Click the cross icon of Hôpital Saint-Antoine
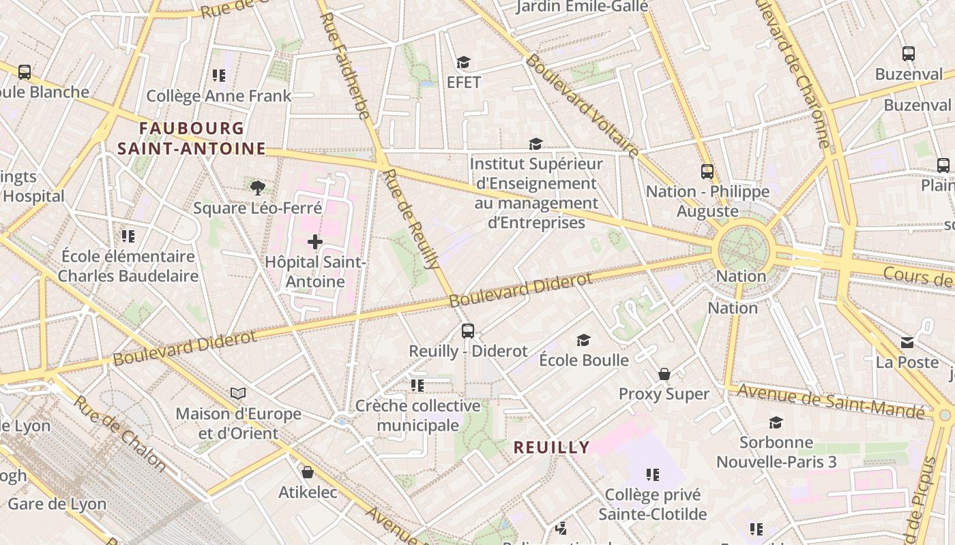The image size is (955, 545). [314, 241]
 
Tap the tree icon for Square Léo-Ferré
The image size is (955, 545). [257, 187]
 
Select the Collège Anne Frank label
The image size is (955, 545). [219, 96]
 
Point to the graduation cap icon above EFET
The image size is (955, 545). [464, 63]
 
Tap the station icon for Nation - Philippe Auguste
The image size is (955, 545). [707, 172]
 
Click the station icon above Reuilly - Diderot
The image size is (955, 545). [468, 331]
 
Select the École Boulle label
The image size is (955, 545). [584, 360]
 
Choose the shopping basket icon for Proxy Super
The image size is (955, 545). [664, 374]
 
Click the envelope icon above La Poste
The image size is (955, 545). [907, 342]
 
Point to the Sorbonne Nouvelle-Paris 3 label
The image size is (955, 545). [776, 452]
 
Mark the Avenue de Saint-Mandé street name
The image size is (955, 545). [832, 400]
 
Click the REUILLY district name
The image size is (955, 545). [551, 447]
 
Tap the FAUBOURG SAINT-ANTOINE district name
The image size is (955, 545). [192, 138]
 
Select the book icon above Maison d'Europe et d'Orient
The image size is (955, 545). [238, 393]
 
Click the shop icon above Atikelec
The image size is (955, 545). [308, 472]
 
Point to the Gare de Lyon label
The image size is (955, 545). [57, 504]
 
